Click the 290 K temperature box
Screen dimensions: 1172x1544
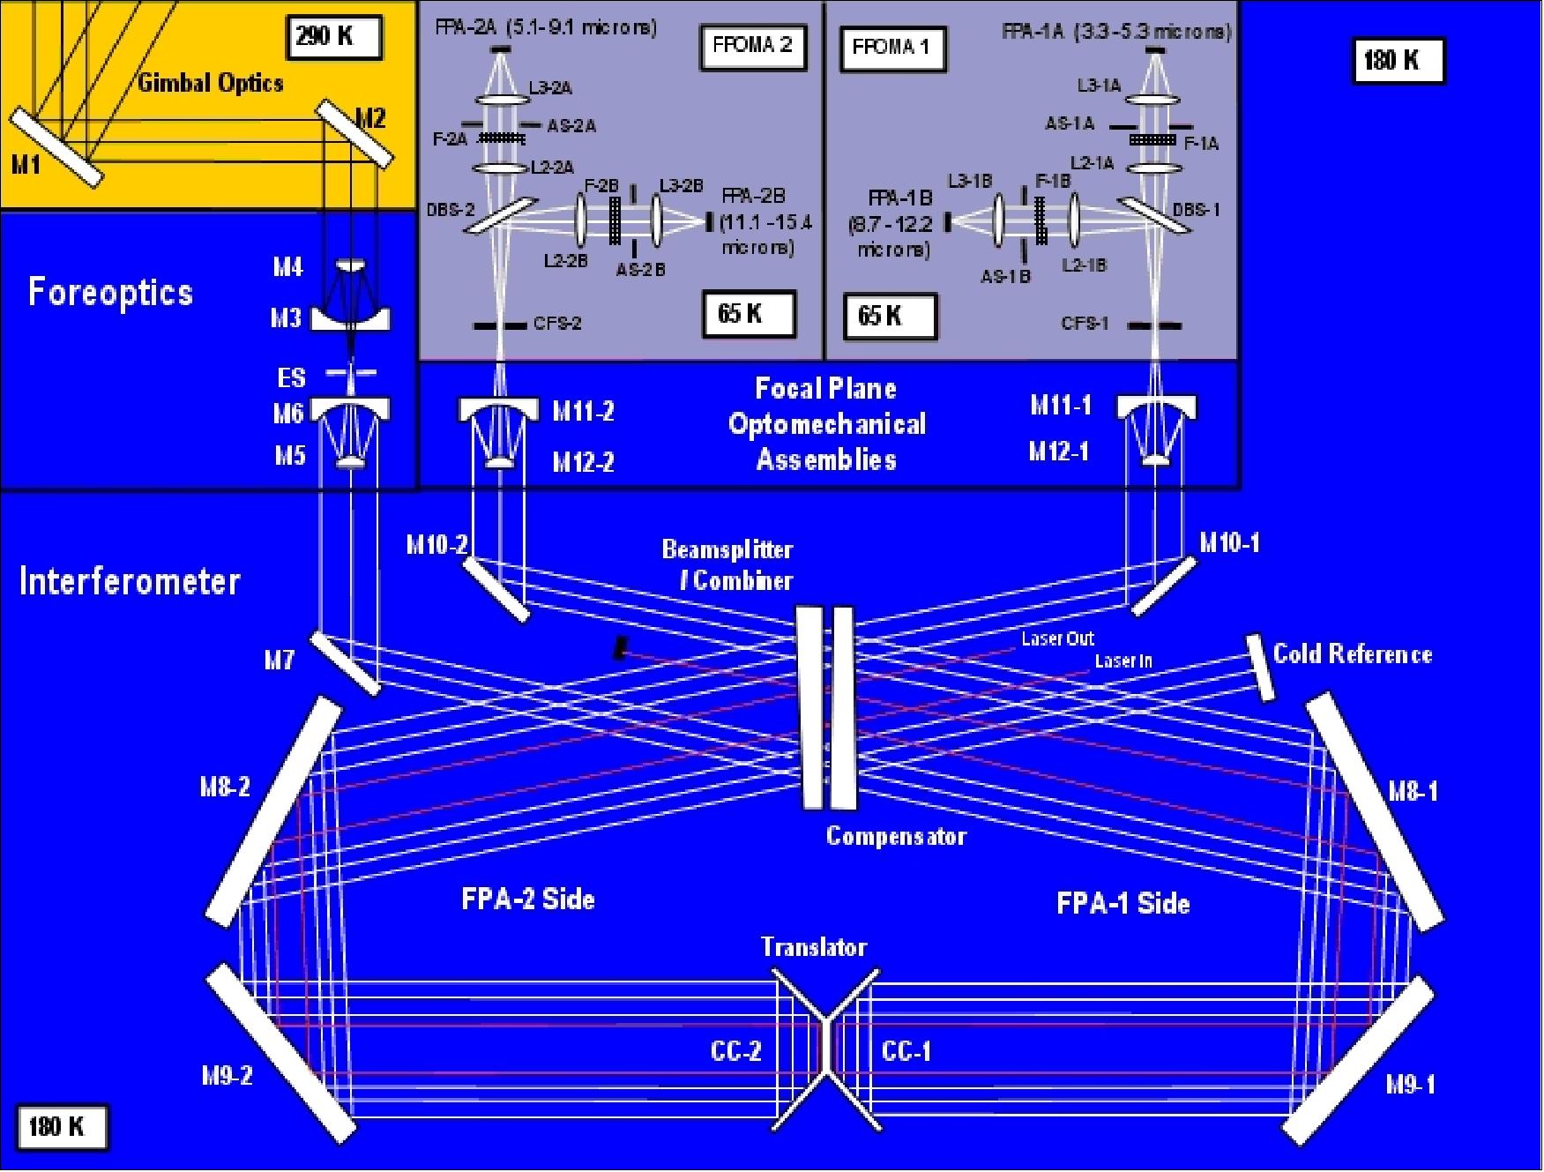(x=334, y=37)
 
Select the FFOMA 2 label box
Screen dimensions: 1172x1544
(x=752, y=46)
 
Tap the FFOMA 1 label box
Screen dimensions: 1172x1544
(x=891, y=48)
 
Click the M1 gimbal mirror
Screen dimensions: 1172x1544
(x=55, y=146)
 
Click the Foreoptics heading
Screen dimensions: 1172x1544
(x=110, y=292)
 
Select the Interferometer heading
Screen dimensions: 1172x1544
(x=130, y=581)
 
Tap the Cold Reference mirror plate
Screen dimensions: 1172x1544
(x=1261, y=668)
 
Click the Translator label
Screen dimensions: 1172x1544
(x=814, y=947)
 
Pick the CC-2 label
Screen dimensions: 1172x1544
(x=736, y=1051)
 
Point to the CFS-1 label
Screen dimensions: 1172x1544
(x=1085, y=324)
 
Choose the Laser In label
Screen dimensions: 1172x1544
(x=1123, y=661)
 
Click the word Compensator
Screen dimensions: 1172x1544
(x=896, y=836)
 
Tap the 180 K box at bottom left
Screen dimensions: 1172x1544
(x=61, y=1127)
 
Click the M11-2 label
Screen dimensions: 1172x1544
(x=583, y=411)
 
